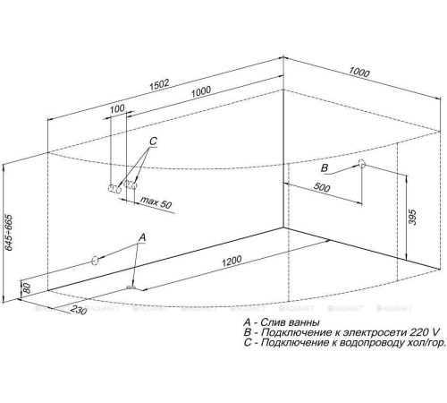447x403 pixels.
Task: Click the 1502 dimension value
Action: [x=159, y=84]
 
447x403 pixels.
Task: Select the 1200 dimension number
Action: [x=232, y=261]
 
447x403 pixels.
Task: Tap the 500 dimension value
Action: [x=322, y=187]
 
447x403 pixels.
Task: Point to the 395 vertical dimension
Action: [x=412, y=217]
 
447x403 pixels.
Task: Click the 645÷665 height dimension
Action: [x=8, y=232]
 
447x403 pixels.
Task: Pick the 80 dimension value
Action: [x=27, y=288]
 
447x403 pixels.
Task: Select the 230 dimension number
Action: [x=79, y=310]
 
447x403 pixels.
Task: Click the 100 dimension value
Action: [x=117, y=109]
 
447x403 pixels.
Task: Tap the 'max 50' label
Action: [x=156, y=202]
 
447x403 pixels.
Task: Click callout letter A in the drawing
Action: [x=142, y=237]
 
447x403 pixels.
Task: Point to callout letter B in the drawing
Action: [x=325, y=168]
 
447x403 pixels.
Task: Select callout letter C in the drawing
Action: [x=153, y=141]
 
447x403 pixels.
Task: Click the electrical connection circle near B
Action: [x=361, y=164]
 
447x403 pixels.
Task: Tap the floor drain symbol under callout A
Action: [x=131, y=287]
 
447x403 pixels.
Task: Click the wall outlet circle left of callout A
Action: [x=95, y=261]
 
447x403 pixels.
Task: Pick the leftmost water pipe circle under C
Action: [x=111, y=188]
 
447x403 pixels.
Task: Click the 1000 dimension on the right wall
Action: [x=359, y=73]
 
